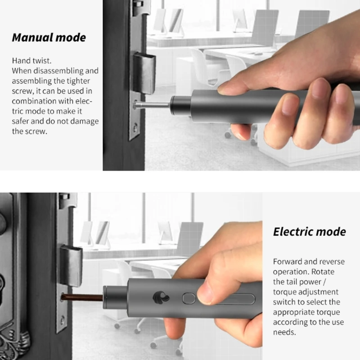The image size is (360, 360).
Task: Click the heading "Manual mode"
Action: click(49, 38)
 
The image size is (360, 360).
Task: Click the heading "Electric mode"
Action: click(310, 232)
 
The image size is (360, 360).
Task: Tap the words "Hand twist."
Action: click(31, 61)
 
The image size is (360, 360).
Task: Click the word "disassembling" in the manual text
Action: click(58, 71)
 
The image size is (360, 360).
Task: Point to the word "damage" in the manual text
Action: click(84, 121)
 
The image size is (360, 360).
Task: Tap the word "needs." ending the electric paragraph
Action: click(284, 332)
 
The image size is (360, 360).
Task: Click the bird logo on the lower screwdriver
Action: click(161, 298)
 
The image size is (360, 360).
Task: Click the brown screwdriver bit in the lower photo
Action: click(82, 298)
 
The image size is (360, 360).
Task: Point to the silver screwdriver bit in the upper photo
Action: click(152, 105)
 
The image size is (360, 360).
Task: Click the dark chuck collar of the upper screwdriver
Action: click(181, 106)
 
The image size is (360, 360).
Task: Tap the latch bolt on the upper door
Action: click(144, 73)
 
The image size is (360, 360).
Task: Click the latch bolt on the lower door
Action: click(71, 266)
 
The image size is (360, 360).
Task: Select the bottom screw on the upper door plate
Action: click(135, 126)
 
